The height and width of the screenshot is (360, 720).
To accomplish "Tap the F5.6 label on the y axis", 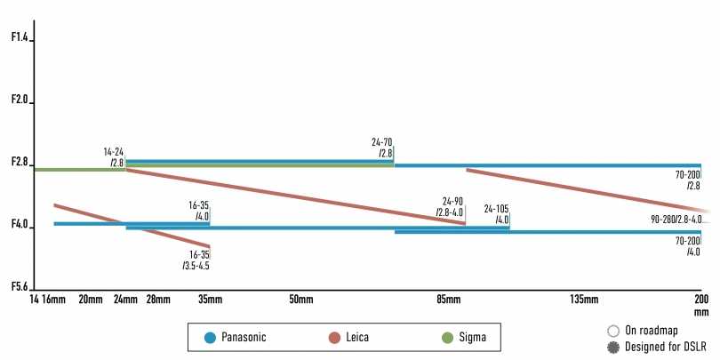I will (x=20, y=286).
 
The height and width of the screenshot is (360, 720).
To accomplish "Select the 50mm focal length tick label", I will (x=301, y=300).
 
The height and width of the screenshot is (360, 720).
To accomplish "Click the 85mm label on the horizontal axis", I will (x=449, y=300).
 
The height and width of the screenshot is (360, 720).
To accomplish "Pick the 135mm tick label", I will (x=583, y=300).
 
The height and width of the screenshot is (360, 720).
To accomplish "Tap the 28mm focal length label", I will (x=157, y=300).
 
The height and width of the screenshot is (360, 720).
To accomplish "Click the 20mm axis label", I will (x=91, y=300).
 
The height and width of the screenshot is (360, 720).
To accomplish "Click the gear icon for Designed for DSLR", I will (x=612, y=346).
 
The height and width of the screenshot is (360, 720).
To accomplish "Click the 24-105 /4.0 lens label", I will (x=496, y=214).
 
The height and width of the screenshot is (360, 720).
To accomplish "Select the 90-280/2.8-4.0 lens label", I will (x=676, y=219).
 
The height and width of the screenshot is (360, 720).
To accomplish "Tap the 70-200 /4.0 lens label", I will (x=688, y=246).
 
